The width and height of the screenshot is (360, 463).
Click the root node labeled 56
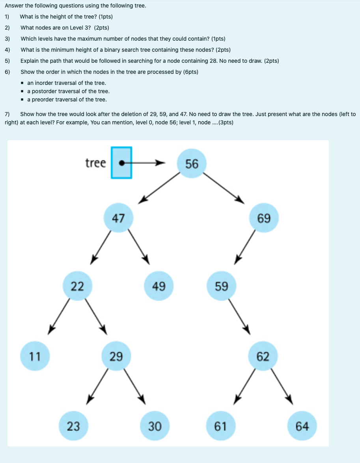tap(192, 163)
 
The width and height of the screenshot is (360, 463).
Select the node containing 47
tap(118, 218)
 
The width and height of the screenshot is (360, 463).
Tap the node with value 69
tap(264, 218)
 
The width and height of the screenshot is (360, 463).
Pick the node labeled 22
tap(77, 286)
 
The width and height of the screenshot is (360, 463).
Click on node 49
tap(159, 286)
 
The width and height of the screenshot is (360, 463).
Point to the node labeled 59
tap(221, 286)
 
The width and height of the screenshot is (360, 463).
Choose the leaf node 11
tap(35, 356)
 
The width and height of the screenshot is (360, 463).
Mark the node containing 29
tap(116, 356)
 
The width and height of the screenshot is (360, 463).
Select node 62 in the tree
tap(263, 356)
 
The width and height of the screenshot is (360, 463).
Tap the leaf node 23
tap(73, 426)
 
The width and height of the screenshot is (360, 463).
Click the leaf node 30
tap(155, 426)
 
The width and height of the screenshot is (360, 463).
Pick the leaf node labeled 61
tap(220, 426)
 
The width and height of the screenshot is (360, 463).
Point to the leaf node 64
tap(302, 426)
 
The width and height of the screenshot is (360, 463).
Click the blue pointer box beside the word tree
tap(121, 163)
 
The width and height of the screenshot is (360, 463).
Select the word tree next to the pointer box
tap(95, 163)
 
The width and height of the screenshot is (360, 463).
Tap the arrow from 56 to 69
tap(225, 188)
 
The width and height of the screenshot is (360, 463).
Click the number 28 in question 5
tap(214, 61)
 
